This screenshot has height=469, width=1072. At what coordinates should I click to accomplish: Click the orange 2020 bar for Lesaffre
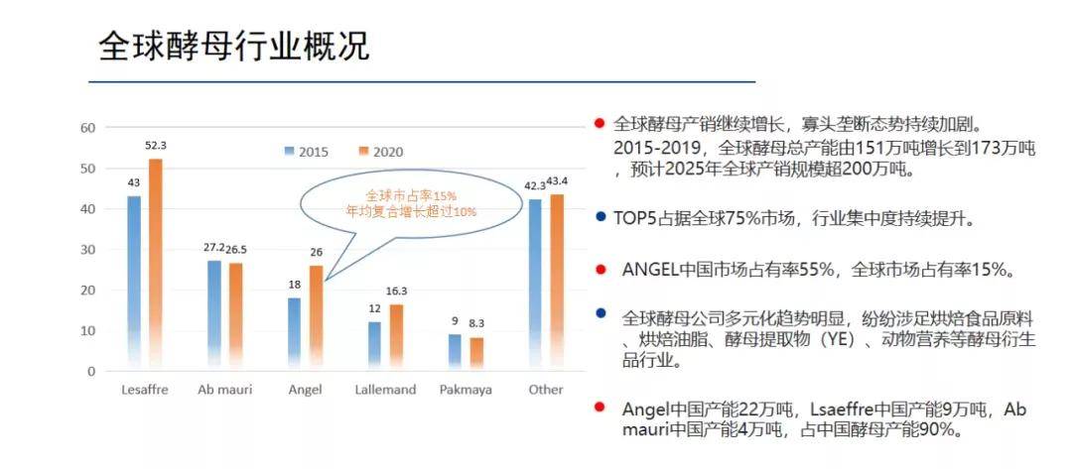point(156,265)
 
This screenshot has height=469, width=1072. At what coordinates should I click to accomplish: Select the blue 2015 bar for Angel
point(294,334)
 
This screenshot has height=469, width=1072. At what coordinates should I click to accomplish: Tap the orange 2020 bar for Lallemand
point(396,338)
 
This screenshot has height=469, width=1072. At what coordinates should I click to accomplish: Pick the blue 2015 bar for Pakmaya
point(455,353)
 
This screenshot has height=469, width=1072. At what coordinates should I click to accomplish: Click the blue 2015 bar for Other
point(535,286)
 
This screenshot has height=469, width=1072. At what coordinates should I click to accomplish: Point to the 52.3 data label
point(156,146)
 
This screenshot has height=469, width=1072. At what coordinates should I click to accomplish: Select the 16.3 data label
point(396,291)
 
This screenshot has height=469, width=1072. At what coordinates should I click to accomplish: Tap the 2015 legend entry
point(307,152)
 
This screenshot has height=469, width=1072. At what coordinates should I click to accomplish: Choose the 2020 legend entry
point(381,152)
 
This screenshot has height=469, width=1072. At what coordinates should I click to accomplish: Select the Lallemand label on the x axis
point(385,390)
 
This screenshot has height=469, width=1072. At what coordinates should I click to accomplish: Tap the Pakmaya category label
point(466,390)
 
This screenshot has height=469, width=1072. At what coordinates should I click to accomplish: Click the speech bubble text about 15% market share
point(401,203)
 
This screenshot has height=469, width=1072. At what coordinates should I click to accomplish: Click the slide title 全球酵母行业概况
point(234,47)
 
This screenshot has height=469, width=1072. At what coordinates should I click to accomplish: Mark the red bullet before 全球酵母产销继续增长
point(600,124)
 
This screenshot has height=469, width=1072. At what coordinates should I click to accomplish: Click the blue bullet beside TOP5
point(601,218)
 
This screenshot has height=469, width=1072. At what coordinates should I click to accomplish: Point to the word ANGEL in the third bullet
point(651,270)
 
